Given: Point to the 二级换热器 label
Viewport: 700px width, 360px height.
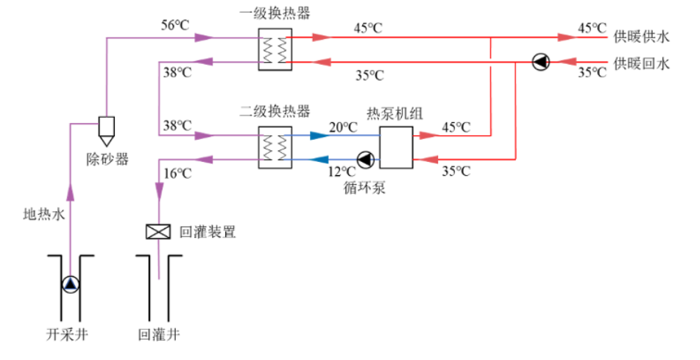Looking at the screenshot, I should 273,113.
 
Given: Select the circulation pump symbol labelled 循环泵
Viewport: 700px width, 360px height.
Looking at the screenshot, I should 364,159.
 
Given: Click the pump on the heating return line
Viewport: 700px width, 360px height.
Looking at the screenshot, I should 541,63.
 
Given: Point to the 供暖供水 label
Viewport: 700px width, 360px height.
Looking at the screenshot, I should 642,35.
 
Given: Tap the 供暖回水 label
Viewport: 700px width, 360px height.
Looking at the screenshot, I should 642,64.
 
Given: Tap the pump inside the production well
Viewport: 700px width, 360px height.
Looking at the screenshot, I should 71,283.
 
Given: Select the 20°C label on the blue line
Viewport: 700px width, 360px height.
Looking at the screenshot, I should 343,127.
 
